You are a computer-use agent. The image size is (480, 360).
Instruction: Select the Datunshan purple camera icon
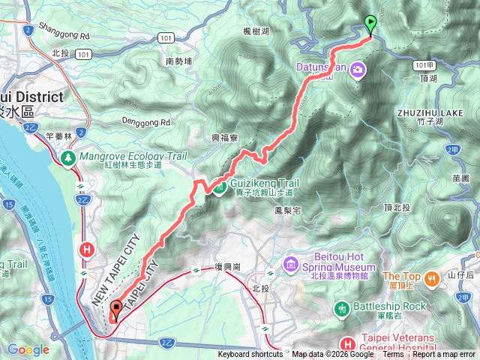tap(358, 70)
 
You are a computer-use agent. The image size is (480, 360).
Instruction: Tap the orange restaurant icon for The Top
tap(432, 280)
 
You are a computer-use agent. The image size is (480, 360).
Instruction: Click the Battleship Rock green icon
tap(343, 307)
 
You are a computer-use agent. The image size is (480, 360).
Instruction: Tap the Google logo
tap(28, 349)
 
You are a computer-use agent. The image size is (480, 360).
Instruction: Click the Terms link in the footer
tap(393, 355)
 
